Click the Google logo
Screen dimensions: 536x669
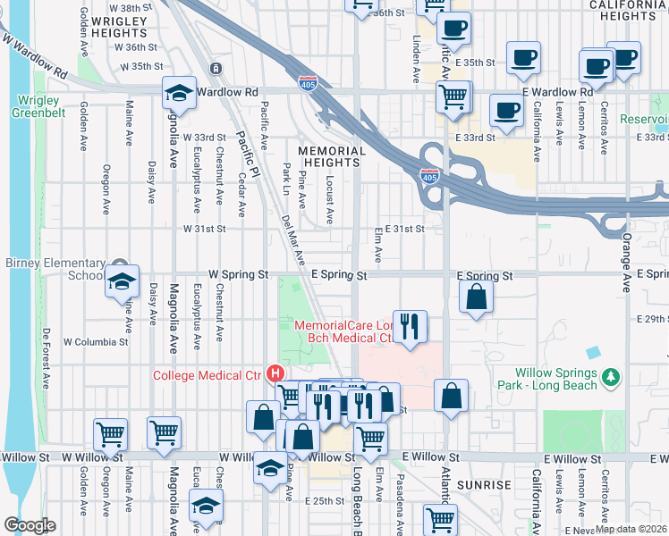(x=30, y=524)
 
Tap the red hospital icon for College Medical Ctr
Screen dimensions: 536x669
(x=276, y=373)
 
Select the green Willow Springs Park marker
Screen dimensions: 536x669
(x=611, y=378)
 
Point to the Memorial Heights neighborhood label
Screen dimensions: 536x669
(x=331, y=157)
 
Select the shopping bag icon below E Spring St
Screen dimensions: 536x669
(x=477, y=297)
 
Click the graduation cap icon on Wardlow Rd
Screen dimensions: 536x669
(x=180, y=93)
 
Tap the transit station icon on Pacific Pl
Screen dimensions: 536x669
(x=215, y=69)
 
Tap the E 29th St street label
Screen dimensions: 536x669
(x=652, y=319)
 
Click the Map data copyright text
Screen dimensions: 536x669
(x=631, y=529)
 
